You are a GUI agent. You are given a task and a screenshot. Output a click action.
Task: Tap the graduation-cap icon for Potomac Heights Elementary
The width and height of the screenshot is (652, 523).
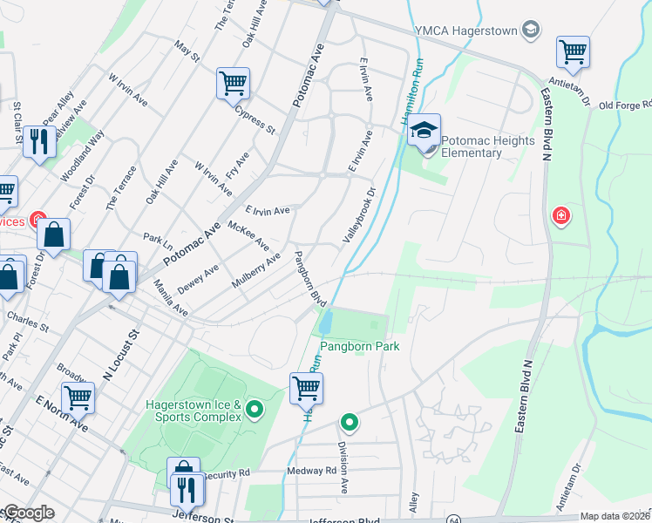pyautogui.click(x=424, y=131)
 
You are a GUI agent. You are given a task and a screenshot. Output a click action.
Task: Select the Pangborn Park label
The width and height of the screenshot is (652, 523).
pyautogui.click(x=359, y=346)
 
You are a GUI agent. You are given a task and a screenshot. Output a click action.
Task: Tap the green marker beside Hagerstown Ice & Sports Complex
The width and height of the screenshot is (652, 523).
pyautogui.click(x=255, y=408)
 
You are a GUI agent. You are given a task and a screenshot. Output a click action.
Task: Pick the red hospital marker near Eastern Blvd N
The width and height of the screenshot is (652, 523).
pyautogui.click(x=560, y=214)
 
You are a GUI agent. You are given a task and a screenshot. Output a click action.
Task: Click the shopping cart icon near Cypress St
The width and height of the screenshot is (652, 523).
pyautogui.click(x=234, y=84)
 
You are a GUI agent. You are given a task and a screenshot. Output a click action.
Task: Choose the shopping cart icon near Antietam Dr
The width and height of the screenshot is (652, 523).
pyautogui.click(x=573, y=52)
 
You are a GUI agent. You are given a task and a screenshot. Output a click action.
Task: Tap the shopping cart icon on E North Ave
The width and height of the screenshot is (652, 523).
pyautogui.click(x=78, y=398)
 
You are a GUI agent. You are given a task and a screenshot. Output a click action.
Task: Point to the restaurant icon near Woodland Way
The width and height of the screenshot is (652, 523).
pyautogui.click(x=38, y=141)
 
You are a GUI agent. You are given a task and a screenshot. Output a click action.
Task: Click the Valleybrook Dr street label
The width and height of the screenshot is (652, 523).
pyautogui.click(x=359, y=214)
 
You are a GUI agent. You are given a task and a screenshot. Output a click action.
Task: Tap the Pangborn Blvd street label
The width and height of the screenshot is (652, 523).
pyautogui.click(x=309, y=278)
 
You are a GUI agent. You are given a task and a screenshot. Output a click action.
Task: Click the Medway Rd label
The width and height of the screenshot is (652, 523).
pyautogui.click(x=311, y=471)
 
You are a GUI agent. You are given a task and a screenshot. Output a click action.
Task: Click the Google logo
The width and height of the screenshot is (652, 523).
pyautogui.click(x=29, y=513)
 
